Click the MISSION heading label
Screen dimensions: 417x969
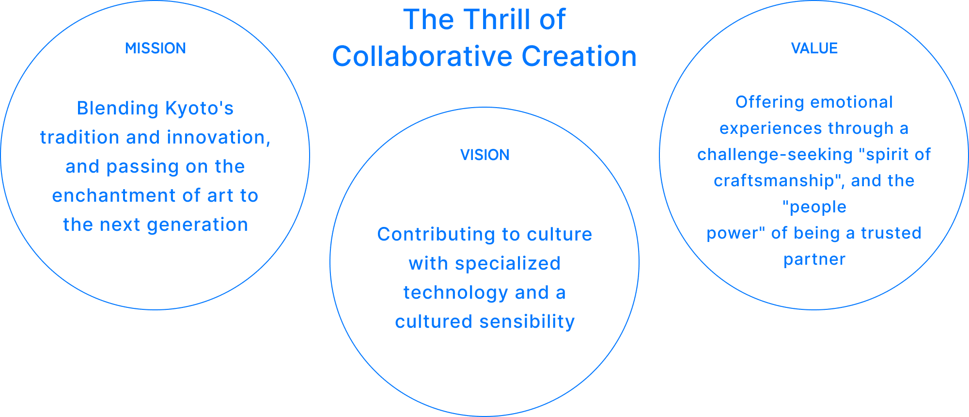coord(156,48)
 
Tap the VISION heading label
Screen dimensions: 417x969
coord(484,155)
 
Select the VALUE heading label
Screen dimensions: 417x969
coord(814,48)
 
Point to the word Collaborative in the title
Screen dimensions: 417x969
coord(422,57)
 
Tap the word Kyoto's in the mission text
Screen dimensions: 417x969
coord(200,109)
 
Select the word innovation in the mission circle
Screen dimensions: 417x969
coord(218,138)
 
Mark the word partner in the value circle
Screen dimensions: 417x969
coord(814,260)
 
